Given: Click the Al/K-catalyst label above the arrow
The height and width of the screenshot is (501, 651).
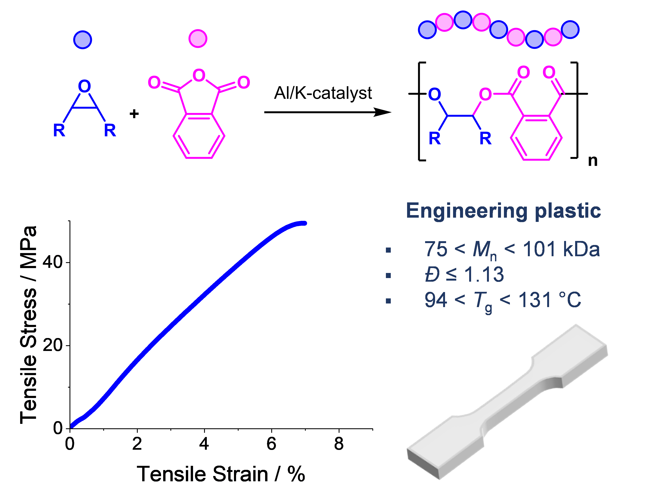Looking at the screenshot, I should coord(323,93).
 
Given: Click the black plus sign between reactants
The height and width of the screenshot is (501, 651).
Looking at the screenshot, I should coord(134,114).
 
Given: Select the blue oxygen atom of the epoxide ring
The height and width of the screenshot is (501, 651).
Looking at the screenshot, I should coord(84,86).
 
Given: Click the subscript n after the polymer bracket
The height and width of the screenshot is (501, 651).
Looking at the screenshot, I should coord(593,161).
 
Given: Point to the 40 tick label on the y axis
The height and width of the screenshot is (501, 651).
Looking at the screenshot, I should coord(52,262).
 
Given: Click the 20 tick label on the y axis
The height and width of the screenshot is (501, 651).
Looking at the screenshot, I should coord(52,345).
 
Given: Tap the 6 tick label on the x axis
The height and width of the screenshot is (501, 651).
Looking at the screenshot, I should coord(271,444).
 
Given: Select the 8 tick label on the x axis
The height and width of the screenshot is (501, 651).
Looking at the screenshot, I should coord(339,444).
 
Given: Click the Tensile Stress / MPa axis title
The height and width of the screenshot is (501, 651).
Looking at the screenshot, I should coord(28,325).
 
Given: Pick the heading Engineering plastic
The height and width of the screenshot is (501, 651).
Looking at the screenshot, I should coord(503,211).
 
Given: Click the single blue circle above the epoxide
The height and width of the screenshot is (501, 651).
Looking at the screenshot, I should coord(83,40).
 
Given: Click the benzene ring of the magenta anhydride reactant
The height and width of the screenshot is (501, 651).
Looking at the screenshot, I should coord(199,136).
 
